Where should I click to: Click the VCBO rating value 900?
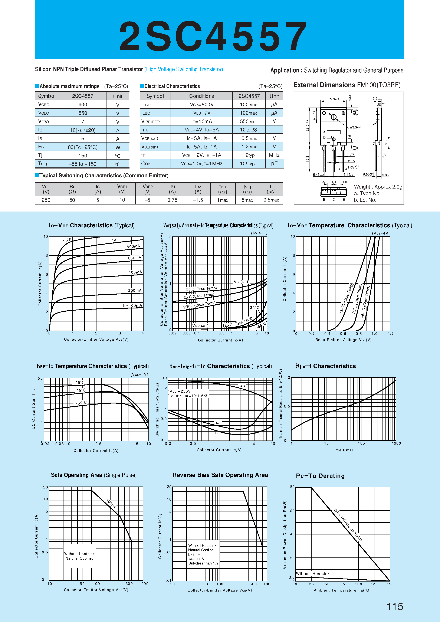83,105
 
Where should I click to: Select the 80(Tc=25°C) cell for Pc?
83,147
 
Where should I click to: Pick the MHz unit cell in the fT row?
274,155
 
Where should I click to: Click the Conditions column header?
201,96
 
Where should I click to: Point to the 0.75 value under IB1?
172,200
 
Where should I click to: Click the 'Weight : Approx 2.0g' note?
378,187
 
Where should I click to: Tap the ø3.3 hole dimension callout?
355,127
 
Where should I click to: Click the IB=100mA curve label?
132,305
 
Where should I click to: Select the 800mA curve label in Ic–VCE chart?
133,246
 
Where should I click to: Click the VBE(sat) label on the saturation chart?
242,282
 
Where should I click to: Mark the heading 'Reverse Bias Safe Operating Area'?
220,475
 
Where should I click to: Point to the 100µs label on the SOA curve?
111,503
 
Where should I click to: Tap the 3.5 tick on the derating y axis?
291,577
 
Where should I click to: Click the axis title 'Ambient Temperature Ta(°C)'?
342,590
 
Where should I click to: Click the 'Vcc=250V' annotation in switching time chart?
180,391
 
